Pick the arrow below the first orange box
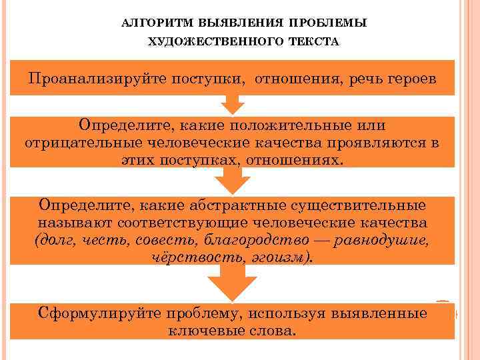(232, 104)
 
